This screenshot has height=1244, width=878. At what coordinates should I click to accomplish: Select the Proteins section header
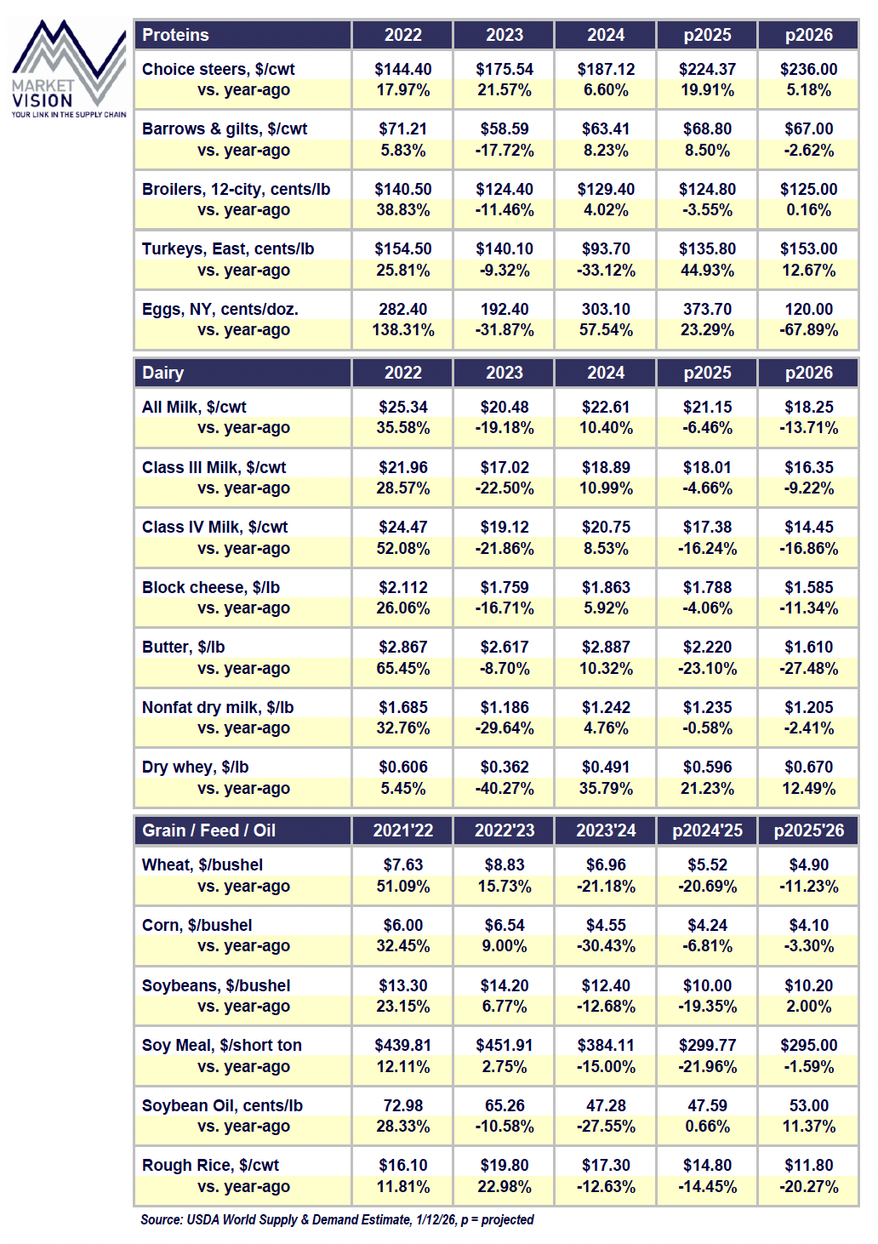click(x=175, y=35)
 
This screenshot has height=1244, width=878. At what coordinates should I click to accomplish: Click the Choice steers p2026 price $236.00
click(x=808, y=70)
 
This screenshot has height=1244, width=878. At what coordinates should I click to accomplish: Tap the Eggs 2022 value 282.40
click(x=402, y=310)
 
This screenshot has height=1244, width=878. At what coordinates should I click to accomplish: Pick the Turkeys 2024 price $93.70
click(x=606, y=249)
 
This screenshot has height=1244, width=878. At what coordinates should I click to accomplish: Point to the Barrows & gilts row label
click(x=225, y=129)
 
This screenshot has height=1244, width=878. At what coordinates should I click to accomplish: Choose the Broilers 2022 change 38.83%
click(x=402, y=210)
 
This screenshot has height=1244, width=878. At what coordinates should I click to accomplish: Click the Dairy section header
click(x=162, y=373)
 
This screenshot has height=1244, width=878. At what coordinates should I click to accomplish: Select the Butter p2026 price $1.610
click(x=808, y=648)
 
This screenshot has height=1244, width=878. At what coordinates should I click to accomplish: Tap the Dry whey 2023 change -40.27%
click(x=505, y=789)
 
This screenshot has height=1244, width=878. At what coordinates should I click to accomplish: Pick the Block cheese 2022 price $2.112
click(x=402, y=588)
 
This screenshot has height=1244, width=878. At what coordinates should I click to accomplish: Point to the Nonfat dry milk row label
click(x=218, y=708)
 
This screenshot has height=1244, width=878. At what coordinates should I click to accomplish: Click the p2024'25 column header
click(x=707, y=830)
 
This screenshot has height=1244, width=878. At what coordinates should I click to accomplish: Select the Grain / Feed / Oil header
click(x=208, y=830)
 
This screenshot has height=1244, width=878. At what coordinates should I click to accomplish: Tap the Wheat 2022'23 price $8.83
click(x=505, y=865)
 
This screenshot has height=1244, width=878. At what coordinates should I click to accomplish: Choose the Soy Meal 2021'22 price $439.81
click(x=402, y=1046)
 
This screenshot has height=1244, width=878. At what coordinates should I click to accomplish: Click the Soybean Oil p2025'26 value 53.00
click(x=808, y=1106)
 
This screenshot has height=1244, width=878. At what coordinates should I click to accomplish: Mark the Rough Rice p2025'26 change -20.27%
click(x=808, y=1187)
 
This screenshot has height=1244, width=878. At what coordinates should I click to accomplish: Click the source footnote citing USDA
click(x=337, y=1220)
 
